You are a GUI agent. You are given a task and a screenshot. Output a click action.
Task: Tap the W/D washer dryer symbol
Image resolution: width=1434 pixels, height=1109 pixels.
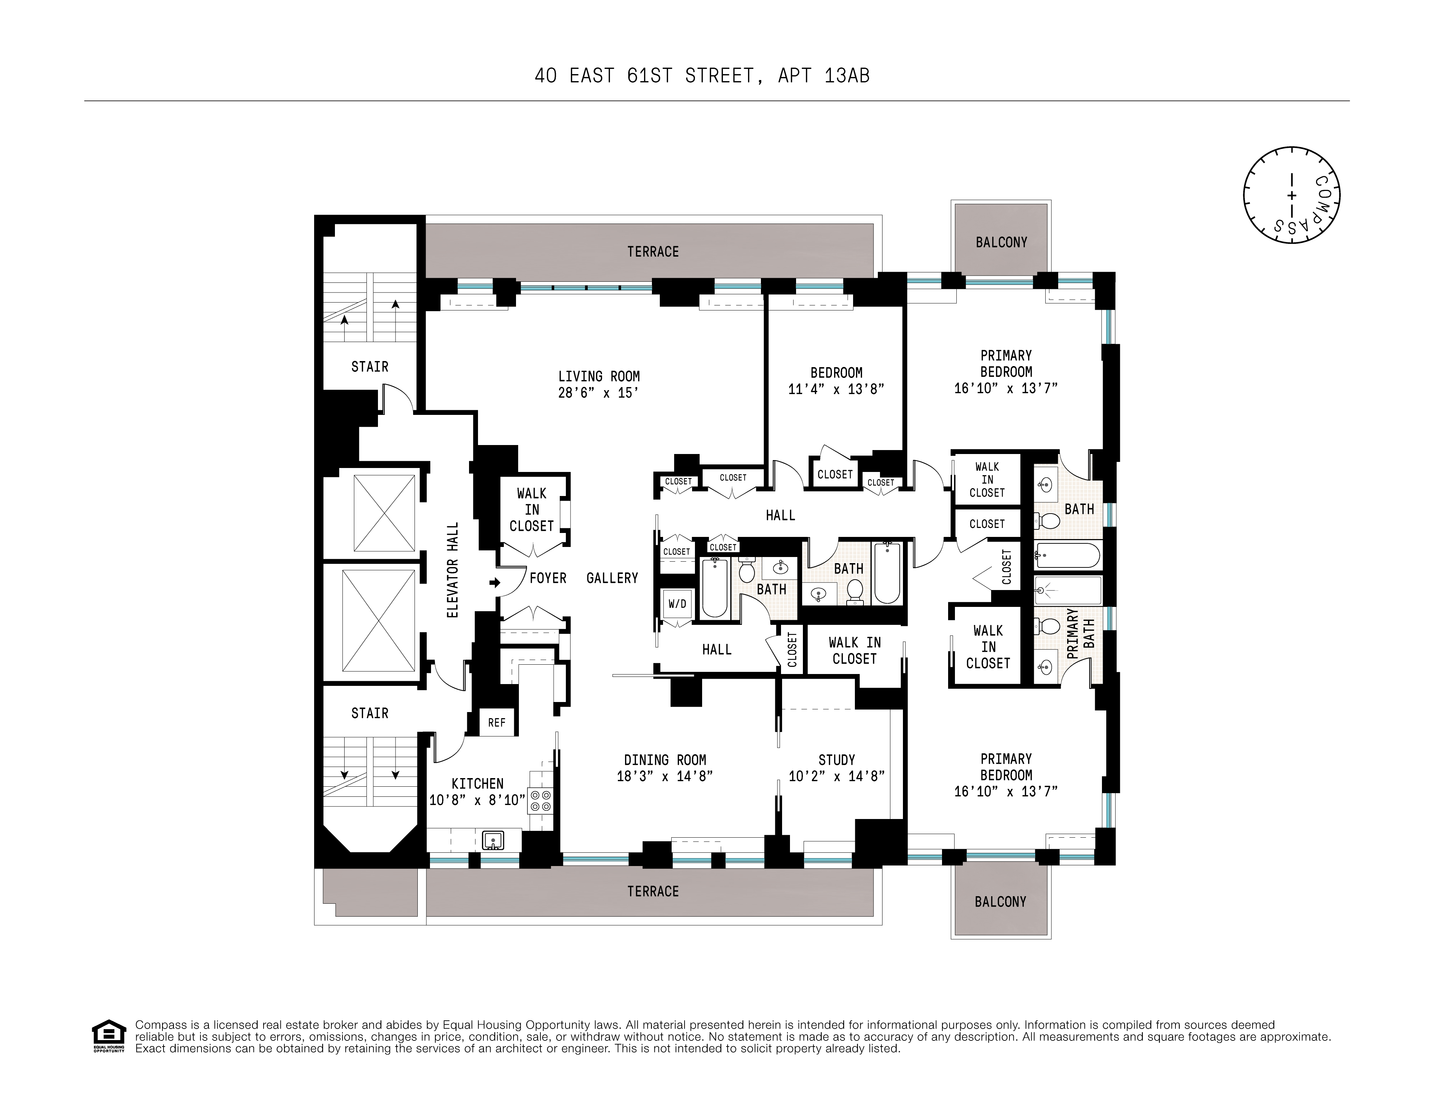pyautogui.click(x=677, y=603)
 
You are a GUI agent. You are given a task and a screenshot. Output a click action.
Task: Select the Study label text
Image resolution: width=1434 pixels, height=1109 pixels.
pyautogui.click(x=837, y=760)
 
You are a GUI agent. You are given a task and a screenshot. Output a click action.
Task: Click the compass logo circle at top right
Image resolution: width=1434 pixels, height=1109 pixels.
pyautogui.click(x=1291, y=195)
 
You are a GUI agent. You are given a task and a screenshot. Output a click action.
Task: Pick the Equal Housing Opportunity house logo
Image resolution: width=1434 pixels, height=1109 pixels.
pyautogui.click(x=108, y=1036)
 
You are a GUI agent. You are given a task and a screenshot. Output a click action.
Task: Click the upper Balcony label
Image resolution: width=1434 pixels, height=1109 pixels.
pyautogui.click(x=1001, y=242)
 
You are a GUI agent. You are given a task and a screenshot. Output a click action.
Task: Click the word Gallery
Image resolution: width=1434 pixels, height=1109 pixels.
pyautogui.click(x=612, y=578)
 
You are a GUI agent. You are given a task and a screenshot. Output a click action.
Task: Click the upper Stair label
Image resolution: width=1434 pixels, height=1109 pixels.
pyautogui.click(x=370, y=366)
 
